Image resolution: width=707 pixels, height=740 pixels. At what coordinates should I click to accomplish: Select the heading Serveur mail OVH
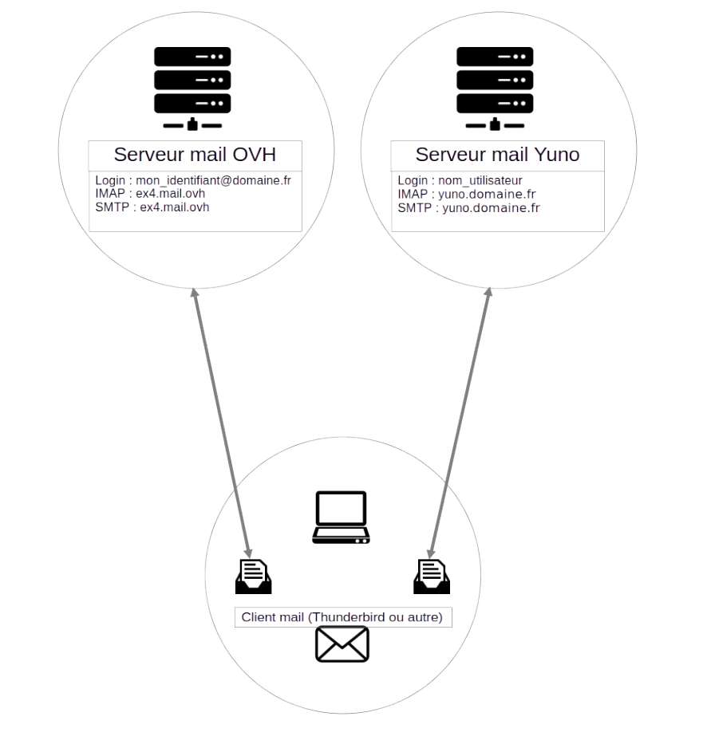[x=195, y=155]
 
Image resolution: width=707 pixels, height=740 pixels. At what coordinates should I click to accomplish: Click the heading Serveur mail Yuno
[x=497, y=155]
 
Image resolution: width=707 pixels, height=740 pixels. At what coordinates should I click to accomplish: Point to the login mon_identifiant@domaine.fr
[x=193, y=180]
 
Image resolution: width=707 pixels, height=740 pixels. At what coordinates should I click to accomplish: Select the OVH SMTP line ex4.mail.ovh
[x=152, y=207]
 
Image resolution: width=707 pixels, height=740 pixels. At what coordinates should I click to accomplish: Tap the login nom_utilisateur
[x=460, y=180]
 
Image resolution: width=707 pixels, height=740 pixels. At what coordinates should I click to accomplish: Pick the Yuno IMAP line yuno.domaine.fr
[x=466, y=194]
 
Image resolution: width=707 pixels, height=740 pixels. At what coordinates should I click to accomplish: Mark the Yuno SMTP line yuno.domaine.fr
[x=468, y=207]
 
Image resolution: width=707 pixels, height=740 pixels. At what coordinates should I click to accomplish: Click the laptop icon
[x=341, y=518]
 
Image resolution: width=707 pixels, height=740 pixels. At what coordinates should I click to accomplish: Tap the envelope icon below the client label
[x=342, y=644]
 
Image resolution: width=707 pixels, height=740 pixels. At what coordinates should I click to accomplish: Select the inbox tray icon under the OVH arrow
[x=254, y=577]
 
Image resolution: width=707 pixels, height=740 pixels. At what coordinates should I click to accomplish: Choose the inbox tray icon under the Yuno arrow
[x=432, y=577]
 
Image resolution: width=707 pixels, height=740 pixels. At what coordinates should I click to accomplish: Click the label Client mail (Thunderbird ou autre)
[x=342, y=617]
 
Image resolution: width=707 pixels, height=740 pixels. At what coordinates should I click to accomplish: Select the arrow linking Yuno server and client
[x=460, y=423]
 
